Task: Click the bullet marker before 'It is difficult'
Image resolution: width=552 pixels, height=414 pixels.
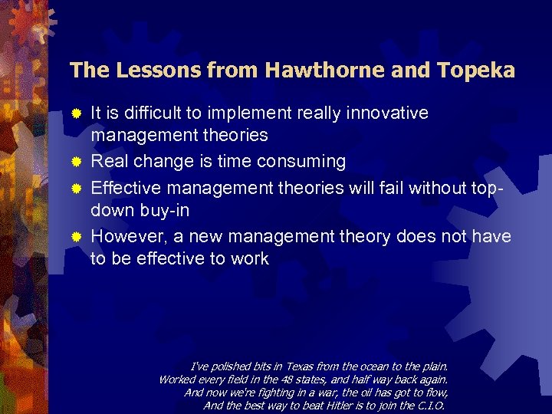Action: coord(76,113)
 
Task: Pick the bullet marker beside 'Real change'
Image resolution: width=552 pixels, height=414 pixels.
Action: coord(76,162)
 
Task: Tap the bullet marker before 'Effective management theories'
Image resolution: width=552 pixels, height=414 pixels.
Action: coord(76,186)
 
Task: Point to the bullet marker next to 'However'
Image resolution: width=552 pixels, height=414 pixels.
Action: coord(76,235)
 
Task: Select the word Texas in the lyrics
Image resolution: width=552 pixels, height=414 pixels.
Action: coord(288,366)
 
